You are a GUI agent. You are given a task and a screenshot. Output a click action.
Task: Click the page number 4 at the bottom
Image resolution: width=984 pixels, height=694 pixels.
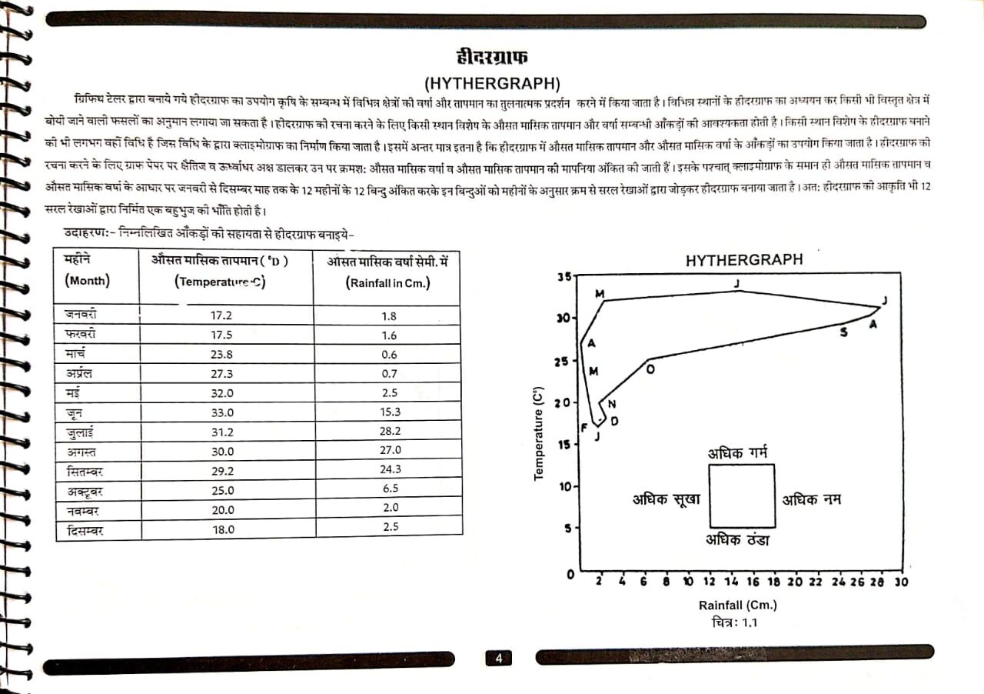pos(498,658)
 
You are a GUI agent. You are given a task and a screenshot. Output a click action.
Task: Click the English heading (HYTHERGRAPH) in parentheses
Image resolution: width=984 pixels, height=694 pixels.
pos(491,82)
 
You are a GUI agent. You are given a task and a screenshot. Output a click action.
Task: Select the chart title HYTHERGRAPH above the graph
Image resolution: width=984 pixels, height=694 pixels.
pos(743,260)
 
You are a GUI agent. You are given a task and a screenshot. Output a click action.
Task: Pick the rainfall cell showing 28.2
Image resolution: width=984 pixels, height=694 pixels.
pos(390,432)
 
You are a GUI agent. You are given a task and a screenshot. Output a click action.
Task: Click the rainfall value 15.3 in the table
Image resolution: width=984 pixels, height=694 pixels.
pos(390,412)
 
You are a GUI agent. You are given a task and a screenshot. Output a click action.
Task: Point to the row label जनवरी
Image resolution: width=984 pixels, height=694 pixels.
pos(81,315)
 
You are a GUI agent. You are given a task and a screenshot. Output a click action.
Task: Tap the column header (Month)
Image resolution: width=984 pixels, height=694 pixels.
pos(87,281)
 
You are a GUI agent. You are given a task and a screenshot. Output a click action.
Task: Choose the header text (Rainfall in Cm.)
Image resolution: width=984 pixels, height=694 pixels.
pos(387,282)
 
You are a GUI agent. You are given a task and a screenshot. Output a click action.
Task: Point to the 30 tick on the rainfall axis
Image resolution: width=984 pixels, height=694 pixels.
pos(901,582)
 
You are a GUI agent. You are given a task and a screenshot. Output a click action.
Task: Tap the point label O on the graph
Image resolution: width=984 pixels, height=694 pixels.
pos(651,369)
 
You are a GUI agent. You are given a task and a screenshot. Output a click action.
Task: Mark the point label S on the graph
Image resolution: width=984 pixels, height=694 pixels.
pos(844,332)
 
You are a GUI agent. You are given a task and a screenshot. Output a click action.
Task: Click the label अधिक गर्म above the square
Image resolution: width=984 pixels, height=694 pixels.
pos(737,452)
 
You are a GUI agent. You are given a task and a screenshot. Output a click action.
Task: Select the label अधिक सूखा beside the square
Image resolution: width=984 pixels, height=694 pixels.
pos(667,499)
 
